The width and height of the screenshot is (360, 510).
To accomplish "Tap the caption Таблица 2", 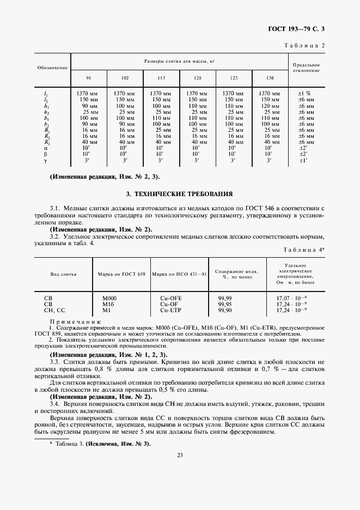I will [x=304, y=46].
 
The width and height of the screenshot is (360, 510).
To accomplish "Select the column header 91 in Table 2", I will [x=89, y=78].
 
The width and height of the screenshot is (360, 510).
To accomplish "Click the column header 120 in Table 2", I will [x=197, y=78].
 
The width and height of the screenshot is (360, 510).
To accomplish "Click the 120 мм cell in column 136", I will [x=270, y=107].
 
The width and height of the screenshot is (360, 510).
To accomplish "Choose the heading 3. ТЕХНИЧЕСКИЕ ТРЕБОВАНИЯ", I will [x=179, y=193].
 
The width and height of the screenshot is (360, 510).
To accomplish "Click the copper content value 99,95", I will [x=224, y=304].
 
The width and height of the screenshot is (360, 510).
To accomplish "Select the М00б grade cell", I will [x=111, y=298].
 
